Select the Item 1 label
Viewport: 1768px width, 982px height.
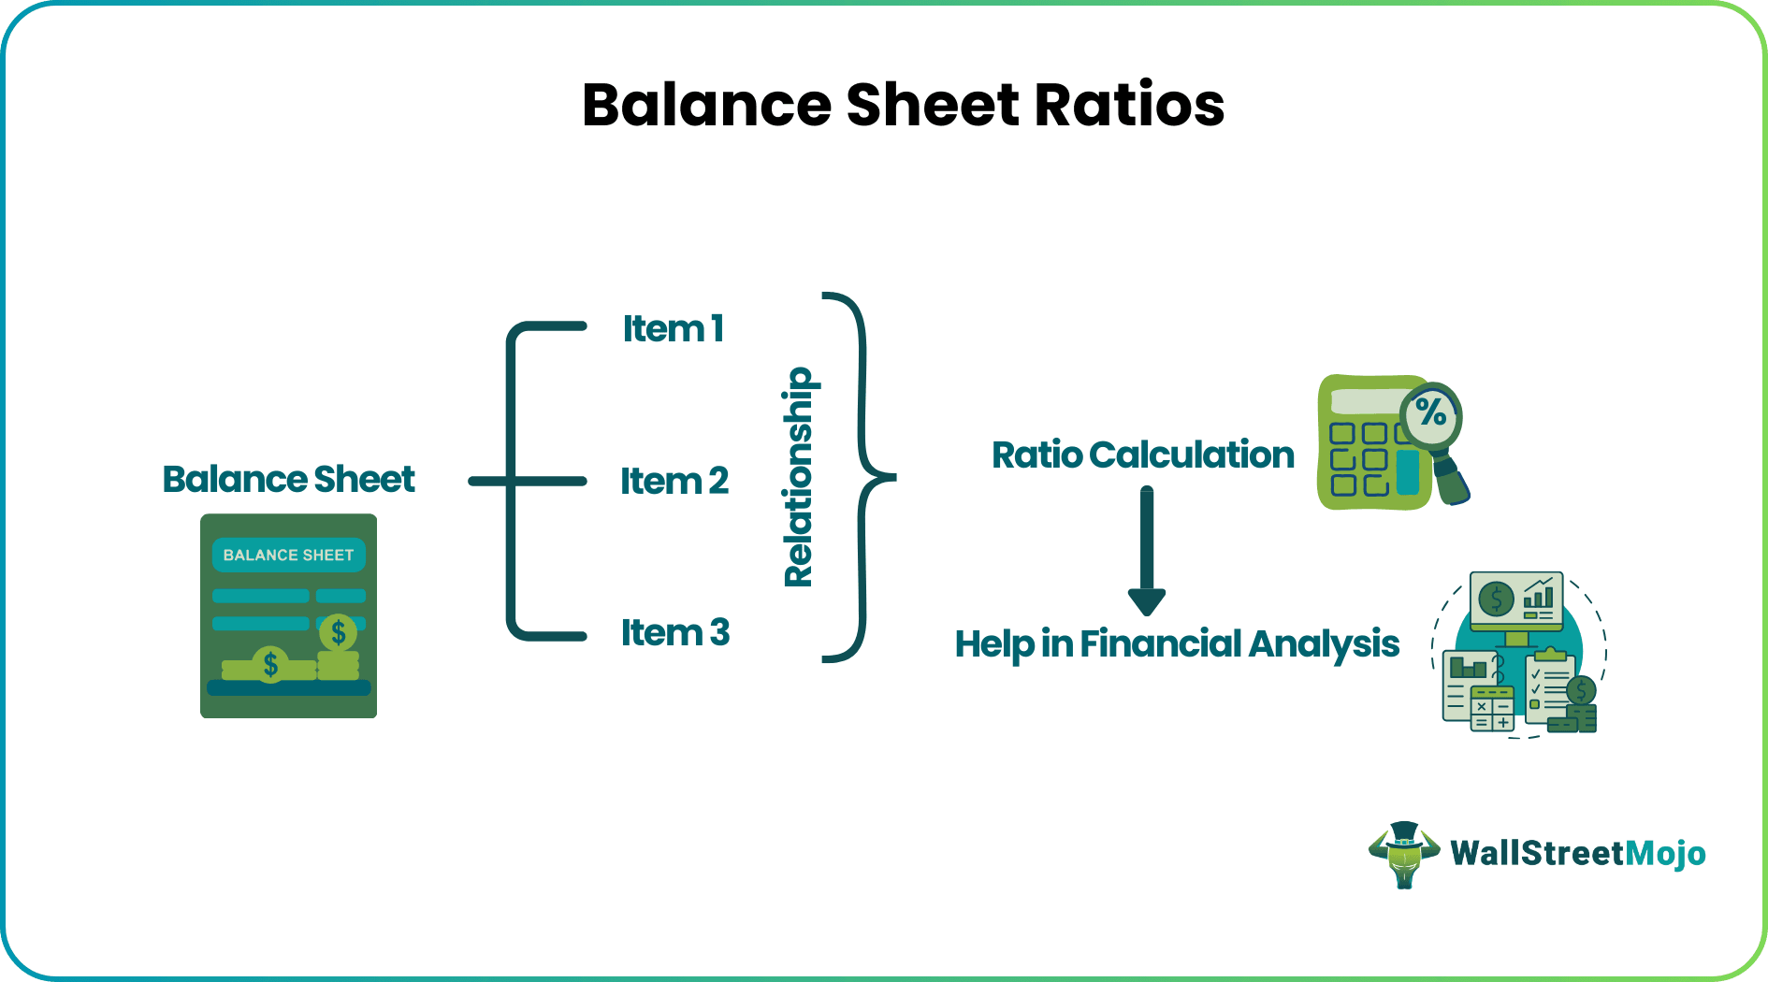pos(674,328)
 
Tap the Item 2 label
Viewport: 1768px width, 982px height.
pos(674,481)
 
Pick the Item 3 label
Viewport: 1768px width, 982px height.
pos(675,632)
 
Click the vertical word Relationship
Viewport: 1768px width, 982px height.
pos(799,477)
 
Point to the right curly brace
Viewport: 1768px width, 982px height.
pos(862,477)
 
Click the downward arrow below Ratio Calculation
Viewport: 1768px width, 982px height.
pos(1146,552)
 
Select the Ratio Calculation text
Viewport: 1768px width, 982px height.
pos(1142,455)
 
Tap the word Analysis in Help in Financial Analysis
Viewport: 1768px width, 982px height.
pos(1324,643)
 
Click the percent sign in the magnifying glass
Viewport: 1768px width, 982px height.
pos(1431,412)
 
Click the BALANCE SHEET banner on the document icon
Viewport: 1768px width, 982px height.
pos(288,555)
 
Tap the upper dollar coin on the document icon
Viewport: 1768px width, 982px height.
pos(338,633)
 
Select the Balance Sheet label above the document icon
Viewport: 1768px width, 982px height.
pos(288,479)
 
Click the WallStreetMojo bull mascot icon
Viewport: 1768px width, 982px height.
pos(1403,853)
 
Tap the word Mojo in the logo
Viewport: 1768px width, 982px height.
pos(1665,853)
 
